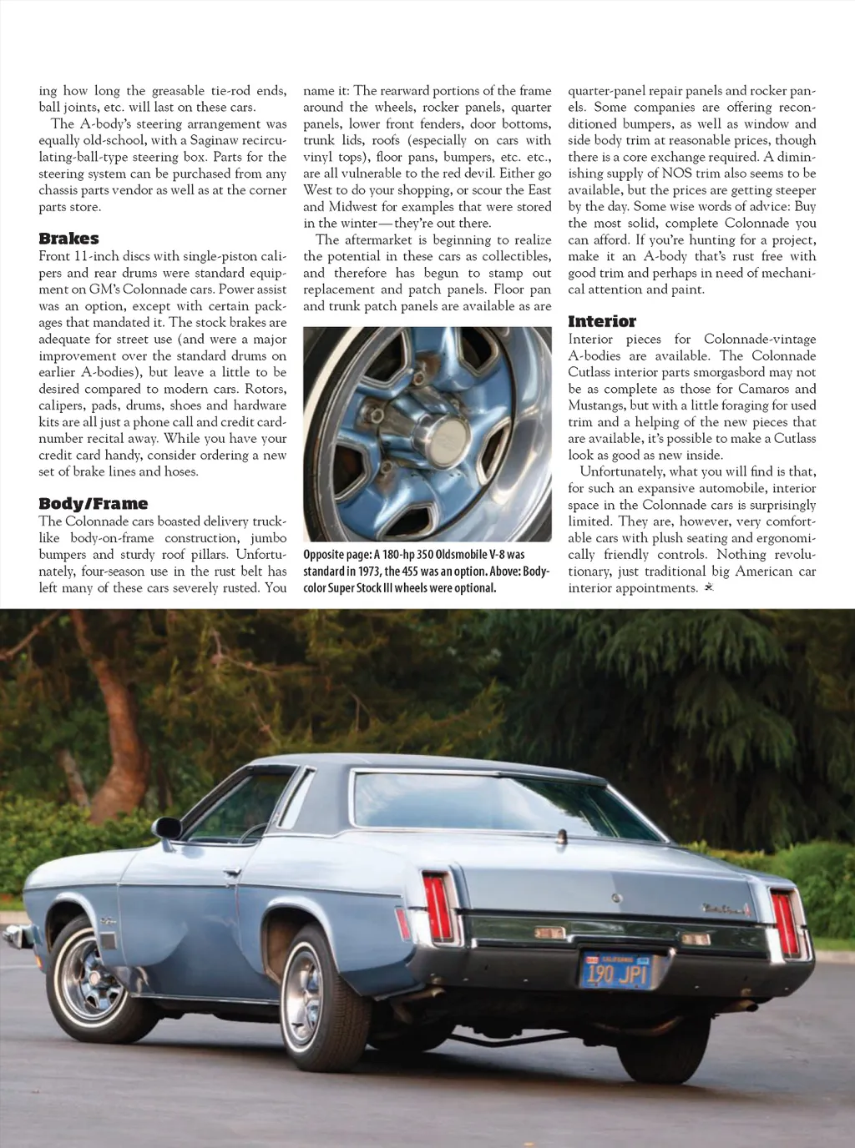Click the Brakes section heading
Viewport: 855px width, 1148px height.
click(68, 239)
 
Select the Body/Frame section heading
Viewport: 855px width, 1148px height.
click(93, 503)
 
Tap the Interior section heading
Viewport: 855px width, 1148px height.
click(601, 321)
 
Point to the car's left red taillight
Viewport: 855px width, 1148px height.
click(438, 907)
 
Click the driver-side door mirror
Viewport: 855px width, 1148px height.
click(168, 828)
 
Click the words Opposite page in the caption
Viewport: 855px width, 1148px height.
click(336, 555)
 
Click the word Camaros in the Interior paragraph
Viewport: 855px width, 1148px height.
click(761, 389)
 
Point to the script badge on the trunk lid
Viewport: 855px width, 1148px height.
click(726, 909)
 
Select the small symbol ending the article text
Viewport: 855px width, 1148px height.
click(709, 588)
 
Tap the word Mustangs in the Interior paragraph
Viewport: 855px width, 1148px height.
click(596, 405)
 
